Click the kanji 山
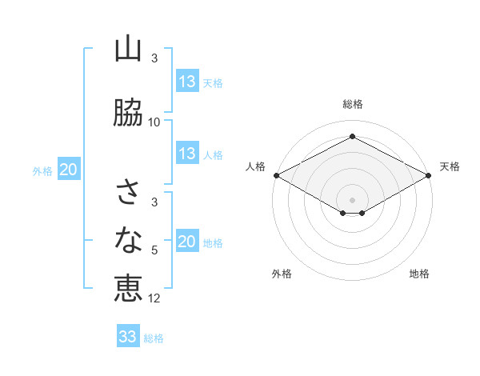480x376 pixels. coord(128,50)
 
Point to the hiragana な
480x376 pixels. coord(128,238)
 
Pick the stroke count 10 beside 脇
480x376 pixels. coord(154,122)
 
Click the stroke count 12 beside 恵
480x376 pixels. coord(154,298)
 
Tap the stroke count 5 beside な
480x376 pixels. coord(154,250)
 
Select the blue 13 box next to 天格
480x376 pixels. coord(186,82)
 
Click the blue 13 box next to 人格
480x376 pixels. coord(186,154)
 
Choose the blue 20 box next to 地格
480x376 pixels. coord(186,242)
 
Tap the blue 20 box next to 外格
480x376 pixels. coord(68,170)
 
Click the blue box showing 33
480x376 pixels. coord(127,337)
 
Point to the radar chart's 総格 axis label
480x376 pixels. coord(352,104)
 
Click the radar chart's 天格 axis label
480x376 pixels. coord(450,166)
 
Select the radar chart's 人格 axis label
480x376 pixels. coord(255,166)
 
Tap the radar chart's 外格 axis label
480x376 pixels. coord(282,274)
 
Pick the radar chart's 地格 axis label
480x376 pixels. coord(419,274)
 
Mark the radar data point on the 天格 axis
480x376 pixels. coord(428,175)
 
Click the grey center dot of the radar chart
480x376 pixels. coord(352,199)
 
